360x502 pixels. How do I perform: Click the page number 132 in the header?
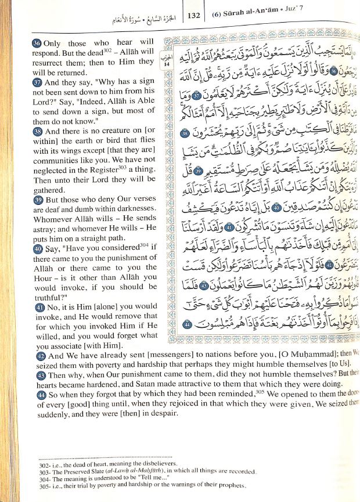[193, 16]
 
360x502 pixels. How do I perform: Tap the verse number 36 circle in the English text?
[37, 43]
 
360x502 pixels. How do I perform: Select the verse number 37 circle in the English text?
[37, 83]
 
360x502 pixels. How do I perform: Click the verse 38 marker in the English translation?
[37, 132]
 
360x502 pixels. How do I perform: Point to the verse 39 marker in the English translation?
[37, 198]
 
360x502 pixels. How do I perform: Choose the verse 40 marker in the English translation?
[37, 249]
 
